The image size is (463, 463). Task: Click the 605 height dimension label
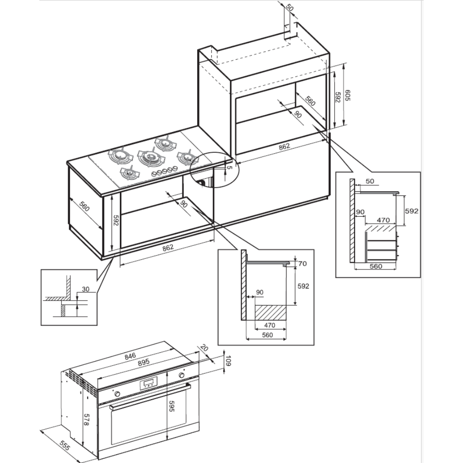pyautogui.click(x=348, y=95)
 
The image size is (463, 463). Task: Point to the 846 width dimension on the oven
pyautogui.click(x=130, y=356)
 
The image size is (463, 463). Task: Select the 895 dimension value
pyautogui.click(x=144, y=363)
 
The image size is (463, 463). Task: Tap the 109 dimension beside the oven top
pyautogui.click(x=227, y=361)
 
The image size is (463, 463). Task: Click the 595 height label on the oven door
pyautogui.click(x=173, y=406)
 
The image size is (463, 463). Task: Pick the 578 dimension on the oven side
pyautogui.click(x=86, y=419)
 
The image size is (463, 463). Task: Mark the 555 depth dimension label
pyautogui.click(x=64, y=445)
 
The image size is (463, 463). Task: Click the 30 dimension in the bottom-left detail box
pyautogui.click(x=85, y=289)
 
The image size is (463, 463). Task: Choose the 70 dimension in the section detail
pyautogui.click(x=303, y=263)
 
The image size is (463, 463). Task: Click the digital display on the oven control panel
pyautogui.click(x=149, y=383)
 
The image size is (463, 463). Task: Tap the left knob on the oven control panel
pyautogui.click(x=117, y=394)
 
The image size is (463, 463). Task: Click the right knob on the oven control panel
pyautogui.click(x=181, y=375)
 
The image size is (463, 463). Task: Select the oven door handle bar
pyautogui.click(x=150, y=397)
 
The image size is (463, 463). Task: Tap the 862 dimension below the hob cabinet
pyautogui.click(x=168, y=247)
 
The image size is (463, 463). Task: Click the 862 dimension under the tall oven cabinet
pyautogui.click(x=284, y=146)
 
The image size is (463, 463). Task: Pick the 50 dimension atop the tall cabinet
pyautogui.click(x=290, y=8)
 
